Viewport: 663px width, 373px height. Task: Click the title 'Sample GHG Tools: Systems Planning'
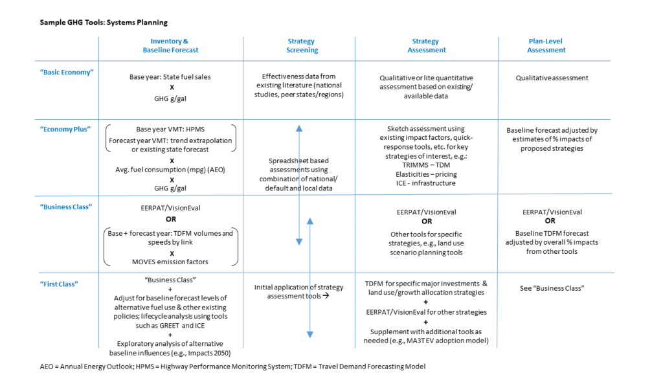[x=104, y=23]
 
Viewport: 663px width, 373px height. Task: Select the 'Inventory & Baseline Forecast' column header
[x=170, y=45]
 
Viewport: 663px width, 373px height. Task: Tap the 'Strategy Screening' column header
[x=302, y=45]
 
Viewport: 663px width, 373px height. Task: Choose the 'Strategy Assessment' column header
[x=426, y=45]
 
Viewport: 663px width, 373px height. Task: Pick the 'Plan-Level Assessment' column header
[x=546, y=45]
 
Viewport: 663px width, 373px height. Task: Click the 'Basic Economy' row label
[x=67, y=73]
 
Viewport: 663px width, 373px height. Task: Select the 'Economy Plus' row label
[x=65, y=130]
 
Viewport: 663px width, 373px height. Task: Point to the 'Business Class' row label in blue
[x=66, y=207]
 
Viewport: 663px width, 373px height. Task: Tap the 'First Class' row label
[x=59, y=284]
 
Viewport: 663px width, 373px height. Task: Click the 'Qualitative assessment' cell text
[x=552, y=78]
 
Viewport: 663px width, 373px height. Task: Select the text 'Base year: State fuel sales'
[x=170, y=77]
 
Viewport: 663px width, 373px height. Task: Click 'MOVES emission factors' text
[x=170, y=262]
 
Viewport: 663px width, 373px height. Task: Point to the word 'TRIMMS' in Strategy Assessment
[x=414, y=165]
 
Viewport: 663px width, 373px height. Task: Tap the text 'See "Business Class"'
[x=552, y=288]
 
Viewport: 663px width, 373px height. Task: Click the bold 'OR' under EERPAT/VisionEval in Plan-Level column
[x=550, y=221]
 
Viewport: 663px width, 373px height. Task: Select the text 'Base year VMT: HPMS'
[x=170, y=130]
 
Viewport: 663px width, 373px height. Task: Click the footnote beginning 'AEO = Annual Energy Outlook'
[x=232, y=367]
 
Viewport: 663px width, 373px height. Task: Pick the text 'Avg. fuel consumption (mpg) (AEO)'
[x=170, y=170]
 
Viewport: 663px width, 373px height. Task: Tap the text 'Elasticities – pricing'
[x=426, y=174]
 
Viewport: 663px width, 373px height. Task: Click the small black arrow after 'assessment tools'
[x=326, y=295]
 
